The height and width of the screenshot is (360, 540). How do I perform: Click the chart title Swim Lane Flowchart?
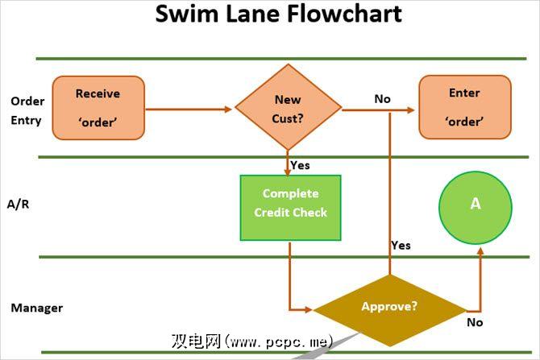point(278,14)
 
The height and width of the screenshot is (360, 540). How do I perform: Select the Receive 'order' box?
point(98,107)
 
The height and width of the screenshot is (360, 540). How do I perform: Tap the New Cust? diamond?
point(288,108)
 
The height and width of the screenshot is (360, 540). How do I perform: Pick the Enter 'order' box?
point(464,107)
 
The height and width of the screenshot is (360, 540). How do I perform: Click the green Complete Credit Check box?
point(291,208)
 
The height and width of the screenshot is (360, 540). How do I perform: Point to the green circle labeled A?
point(475,205)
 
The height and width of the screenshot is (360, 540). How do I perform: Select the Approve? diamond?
point(389,308)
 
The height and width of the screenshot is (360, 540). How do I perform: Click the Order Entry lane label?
point(27,110)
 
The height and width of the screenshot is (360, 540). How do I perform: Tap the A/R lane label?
point(17,205)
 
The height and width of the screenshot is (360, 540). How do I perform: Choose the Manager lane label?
point(36,308)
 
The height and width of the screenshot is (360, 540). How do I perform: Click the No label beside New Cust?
point(382,99)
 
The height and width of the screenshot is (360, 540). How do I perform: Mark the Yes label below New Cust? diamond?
point(300,166)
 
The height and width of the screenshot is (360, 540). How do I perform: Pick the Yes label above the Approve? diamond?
point(401,245)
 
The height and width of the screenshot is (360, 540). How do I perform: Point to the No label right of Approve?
point(475,322)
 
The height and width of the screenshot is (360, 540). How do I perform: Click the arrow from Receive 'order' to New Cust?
point(189,108)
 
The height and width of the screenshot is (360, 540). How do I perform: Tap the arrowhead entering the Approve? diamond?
point(307,308)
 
